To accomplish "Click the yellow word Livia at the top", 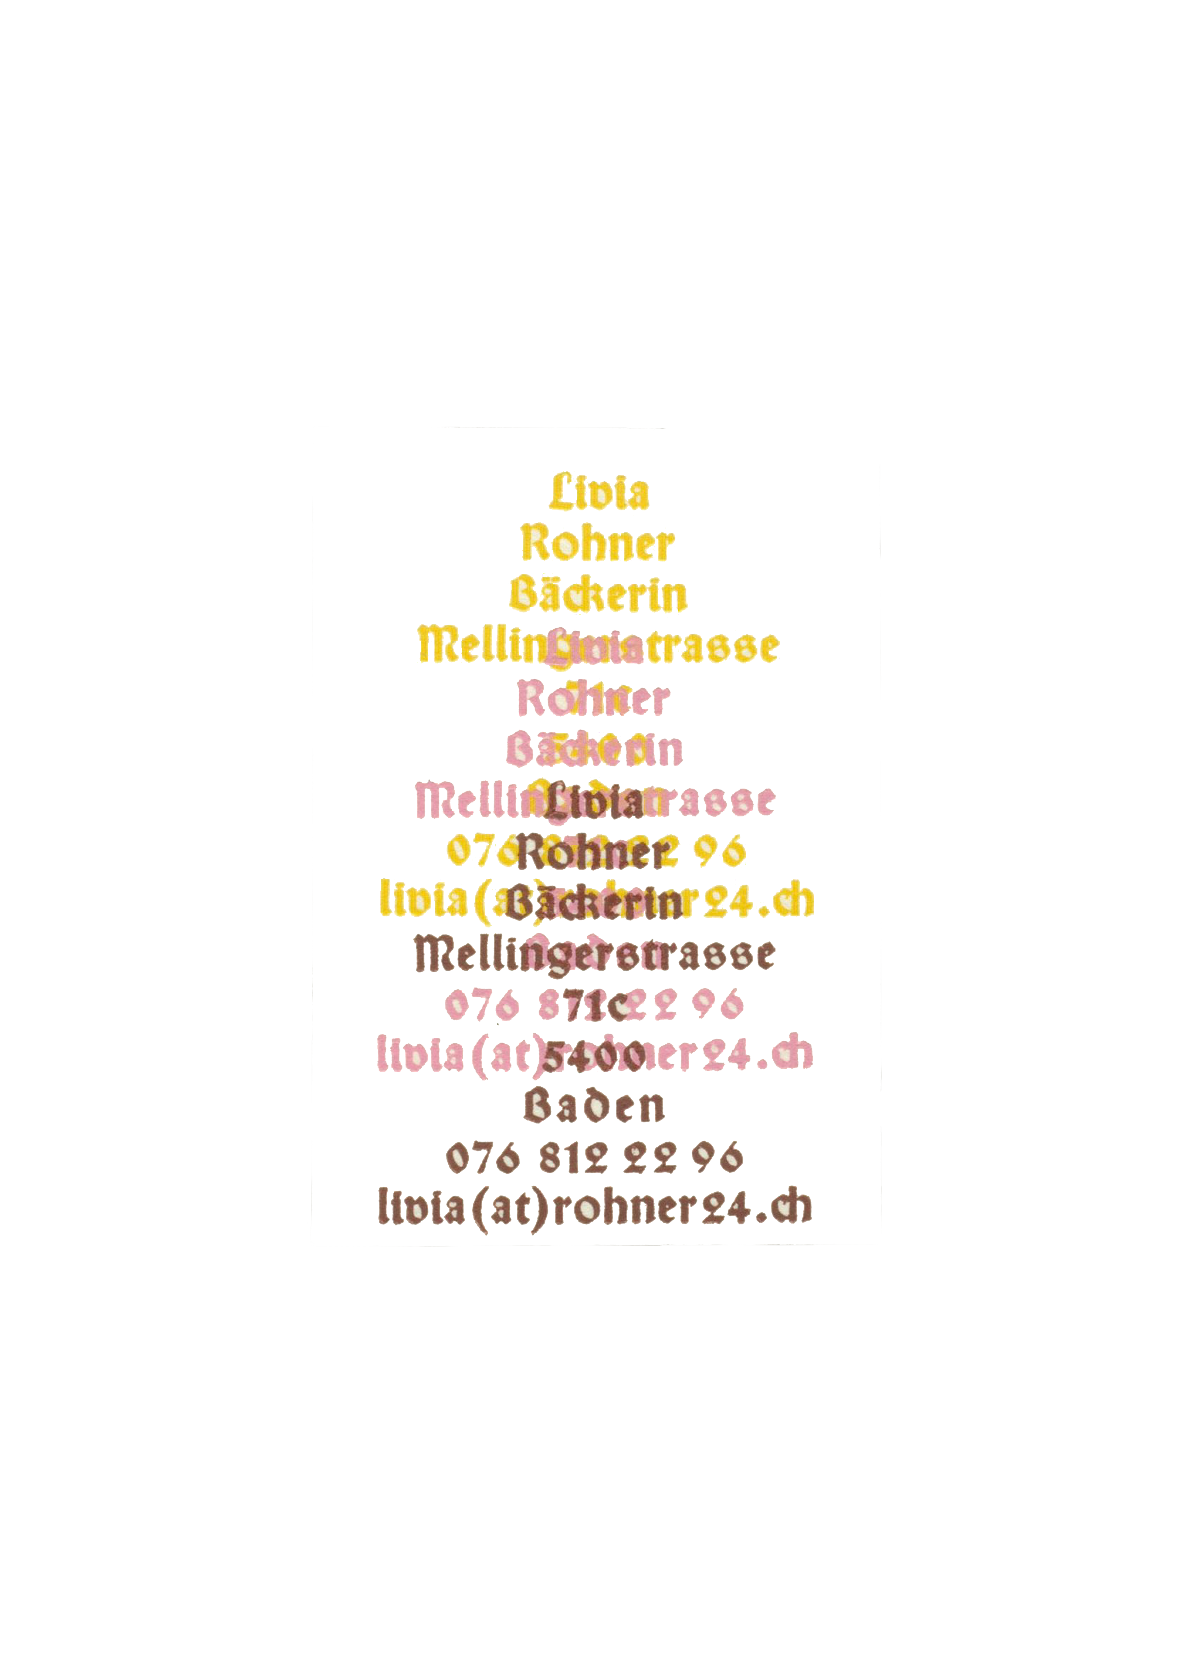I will coord(599,492).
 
